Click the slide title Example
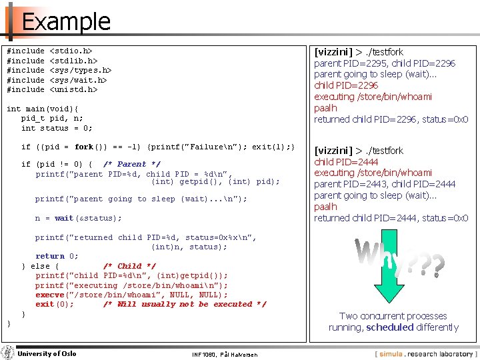pyautogui.click(x=65, y=22)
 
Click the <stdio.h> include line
pyautogui.click(x=49, y=51)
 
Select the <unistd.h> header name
pyautogui.click(x=74, y=89)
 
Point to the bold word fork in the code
pyautogui.click(x=84, y=147)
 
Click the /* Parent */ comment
pyautogui.click(x=132, y=164)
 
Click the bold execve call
pyautogui.click(x=50, y=295)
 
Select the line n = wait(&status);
pyautogui.click(x=79, y=218)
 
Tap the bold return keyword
pyautogui.click(x=50, y=256)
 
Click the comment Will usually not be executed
pyautogui.click(x=185, y=305)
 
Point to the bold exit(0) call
pyautogui.click(x=55, y=305)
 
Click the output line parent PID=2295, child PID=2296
pyautogui.click(x=385, y=63)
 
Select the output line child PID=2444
pyautogui.click(x=346, y=161)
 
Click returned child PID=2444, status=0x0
pyautogui.click(x=391, y=218)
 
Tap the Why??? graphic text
pyautogui.click(x=399, y=257)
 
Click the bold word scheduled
pyautogui.click(x=390, y=327)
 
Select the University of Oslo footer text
pyautogui.click(x=47, y=353)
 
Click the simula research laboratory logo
pyautogui.click(x=425, y=353)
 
